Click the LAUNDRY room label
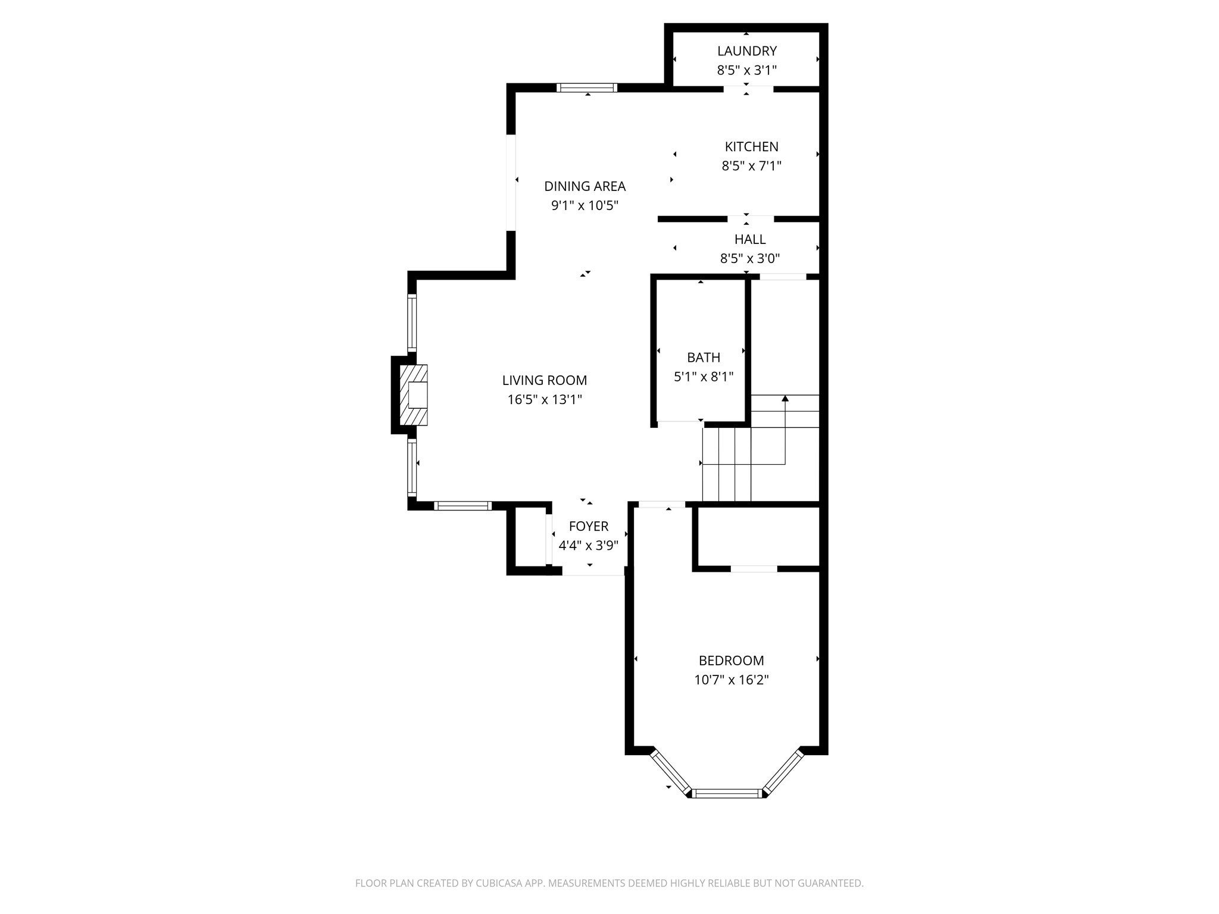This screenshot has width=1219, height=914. point(746,51)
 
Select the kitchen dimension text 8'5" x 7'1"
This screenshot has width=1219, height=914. point(751,166)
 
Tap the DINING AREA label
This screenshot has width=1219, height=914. point(585,186)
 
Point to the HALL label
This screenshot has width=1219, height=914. point(749,239)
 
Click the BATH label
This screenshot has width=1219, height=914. point(703,358)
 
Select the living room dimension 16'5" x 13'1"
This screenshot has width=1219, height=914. point(544,399)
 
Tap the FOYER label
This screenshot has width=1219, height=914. point(588,526)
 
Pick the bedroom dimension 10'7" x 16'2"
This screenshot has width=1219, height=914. point(731,680)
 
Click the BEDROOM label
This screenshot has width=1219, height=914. point(731,661)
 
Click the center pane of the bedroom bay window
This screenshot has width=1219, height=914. point(727,793)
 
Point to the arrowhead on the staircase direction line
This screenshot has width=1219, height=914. point(785,398)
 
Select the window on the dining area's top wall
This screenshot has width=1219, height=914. point(587,87)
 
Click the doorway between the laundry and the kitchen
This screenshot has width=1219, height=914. point(748,89)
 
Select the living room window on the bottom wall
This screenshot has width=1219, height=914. point(462,506)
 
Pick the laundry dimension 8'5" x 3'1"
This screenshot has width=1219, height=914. point(746,70)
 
